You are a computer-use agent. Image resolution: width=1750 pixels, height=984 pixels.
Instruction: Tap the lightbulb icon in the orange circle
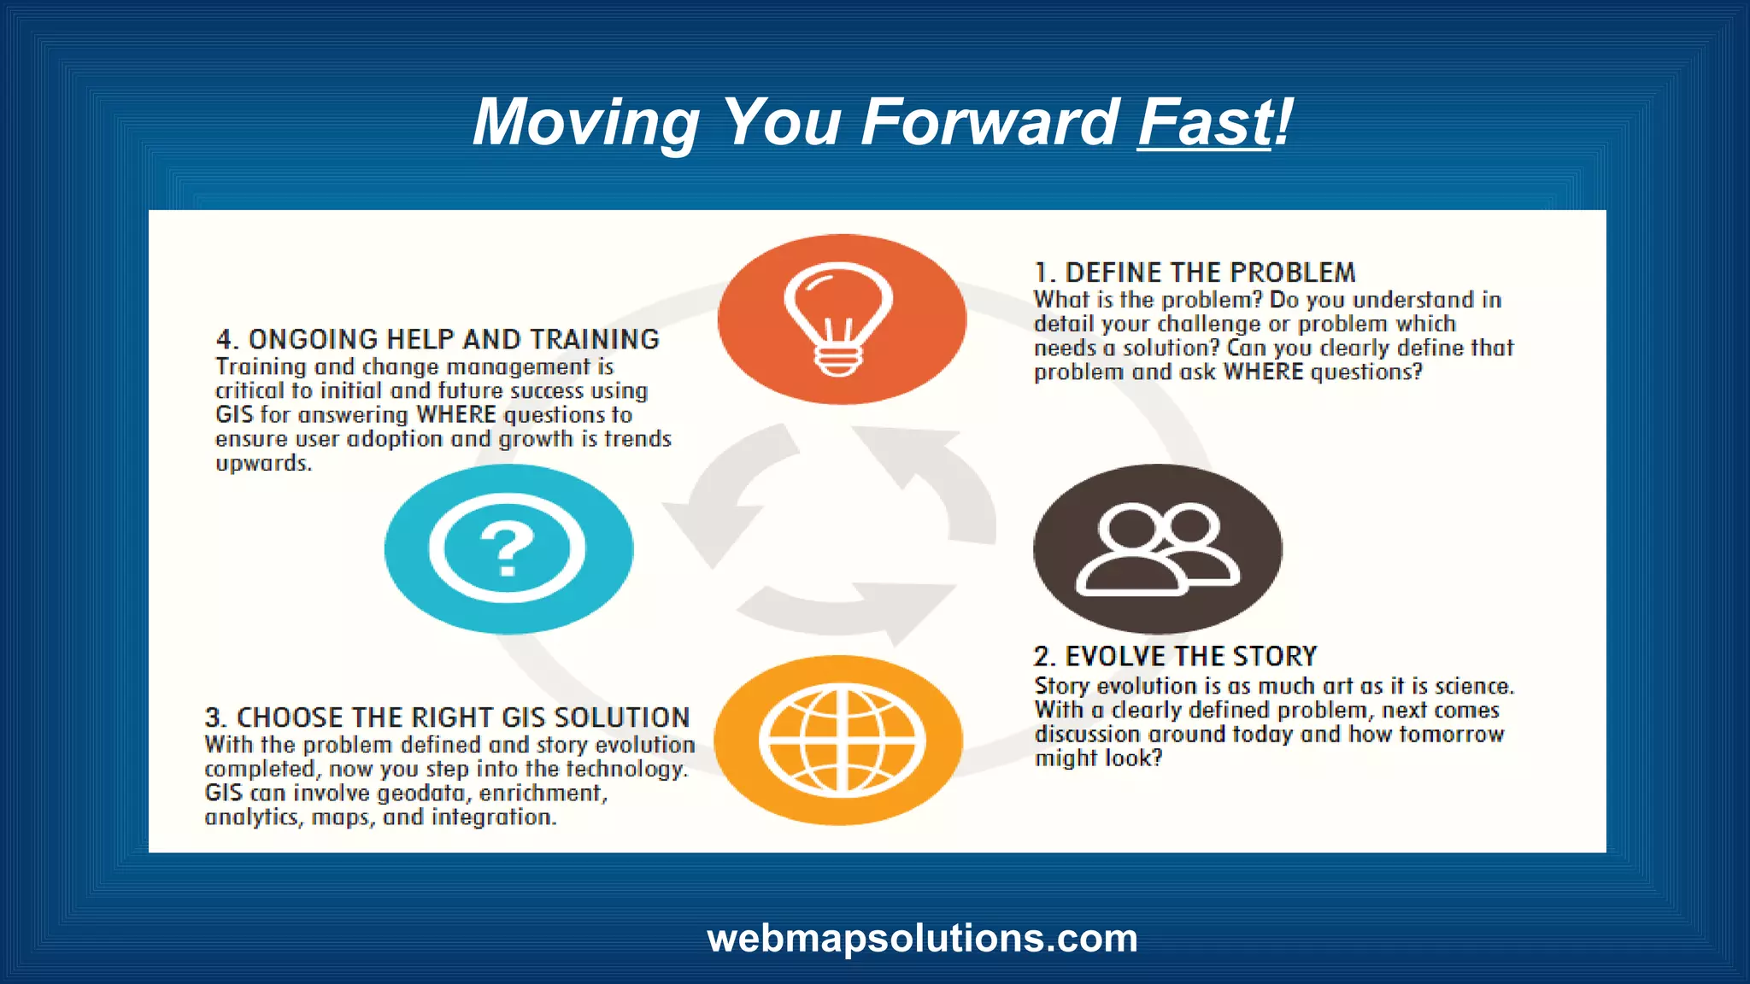click(x=837, y=319)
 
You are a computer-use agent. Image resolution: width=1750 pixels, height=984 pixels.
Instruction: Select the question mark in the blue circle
click(x=508, y=550)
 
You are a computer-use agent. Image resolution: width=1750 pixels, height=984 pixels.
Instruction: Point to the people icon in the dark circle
click(x=1157, y=548)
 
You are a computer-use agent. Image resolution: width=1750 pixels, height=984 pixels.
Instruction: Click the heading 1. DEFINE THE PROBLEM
click(x=1195, y=272)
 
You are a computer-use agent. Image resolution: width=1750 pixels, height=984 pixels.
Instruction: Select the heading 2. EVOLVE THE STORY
click(x=1175, y=656)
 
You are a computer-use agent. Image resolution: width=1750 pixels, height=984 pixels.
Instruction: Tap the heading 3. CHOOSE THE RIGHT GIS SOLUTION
click(x=447, y=717)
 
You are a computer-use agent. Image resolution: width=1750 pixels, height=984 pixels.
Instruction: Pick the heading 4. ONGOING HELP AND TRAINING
click(x=437, y=339)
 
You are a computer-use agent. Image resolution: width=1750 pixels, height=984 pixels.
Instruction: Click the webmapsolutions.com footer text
click(x=922, y=938)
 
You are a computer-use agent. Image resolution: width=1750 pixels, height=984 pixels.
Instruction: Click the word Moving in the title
click(x=586, y=122)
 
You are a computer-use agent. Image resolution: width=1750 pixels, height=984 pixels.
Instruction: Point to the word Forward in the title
click(x=989, y=122)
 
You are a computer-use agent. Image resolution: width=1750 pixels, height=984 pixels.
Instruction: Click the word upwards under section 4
click(x=263, y=464)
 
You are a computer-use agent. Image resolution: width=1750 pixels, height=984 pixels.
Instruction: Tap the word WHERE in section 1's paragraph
click(x=1263, y=372)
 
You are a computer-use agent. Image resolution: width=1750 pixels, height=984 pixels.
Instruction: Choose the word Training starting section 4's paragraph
click(x=261, y=366)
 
